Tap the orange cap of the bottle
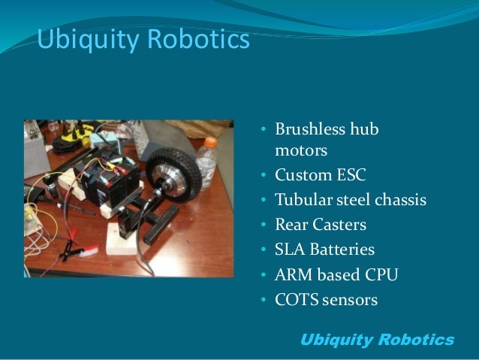[210, 141]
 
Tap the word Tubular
[302, 201]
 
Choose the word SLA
[289, 250]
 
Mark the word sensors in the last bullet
[348, 300]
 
